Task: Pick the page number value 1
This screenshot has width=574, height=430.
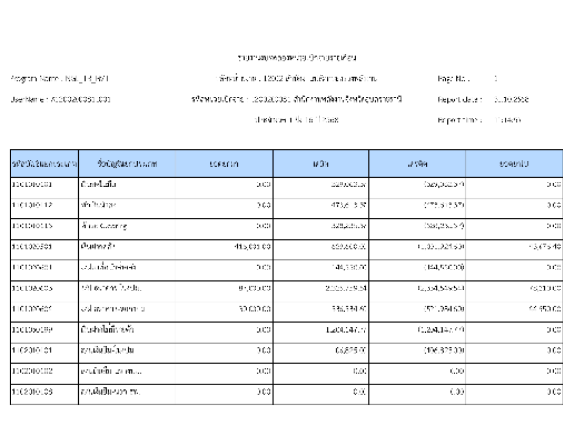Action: tap(495, 75)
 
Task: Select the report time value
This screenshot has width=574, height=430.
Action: tap(507, 121)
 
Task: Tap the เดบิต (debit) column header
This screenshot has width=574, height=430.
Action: tap(320, 164)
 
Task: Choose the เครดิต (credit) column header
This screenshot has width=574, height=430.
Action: tap(415, 164)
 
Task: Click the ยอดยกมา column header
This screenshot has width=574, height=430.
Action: tap(224, 164)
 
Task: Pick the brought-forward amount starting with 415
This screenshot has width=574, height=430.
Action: tap(253, 247)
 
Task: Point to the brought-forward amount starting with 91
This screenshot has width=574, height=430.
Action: tap(254, 288)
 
